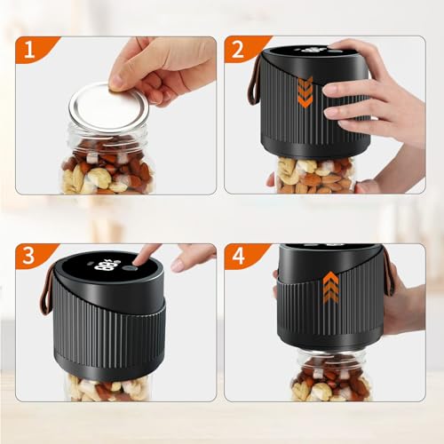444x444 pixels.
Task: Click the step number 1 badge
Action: [33, 49]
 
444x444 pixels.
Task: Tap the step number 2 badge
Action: [242, 49]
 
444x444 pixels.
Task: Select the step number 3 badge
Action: [32, 255]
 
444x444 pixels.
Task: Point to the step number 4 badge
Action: [242, 255]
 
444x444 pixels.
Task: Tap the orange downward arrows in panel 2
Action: [305, 91]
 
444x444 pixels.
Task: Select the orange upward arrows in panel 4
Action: [330, 288]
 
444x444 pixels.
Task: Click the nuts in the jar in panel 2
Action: [315, 175]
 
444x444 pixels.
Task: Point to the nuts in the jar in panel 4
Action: [331, 381]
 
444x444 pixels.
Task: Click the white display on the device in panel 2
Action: [313, 50]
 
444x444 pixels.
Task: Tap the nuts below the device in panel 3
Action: [107, 388]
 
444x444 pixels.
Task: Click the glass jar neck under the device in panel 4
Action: [331, 354]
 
